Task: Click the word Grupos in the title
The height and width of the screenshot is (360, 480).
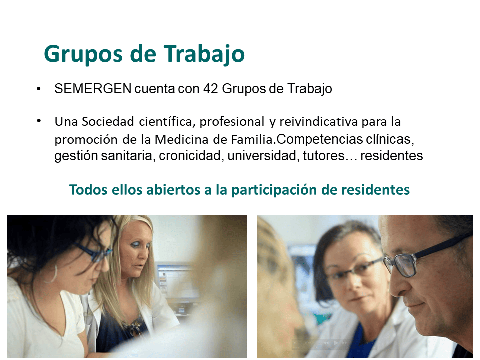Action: click(x=84, y=54)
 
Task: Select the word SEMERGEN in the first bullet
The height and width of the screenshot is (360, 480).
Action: click(x=93, y=89)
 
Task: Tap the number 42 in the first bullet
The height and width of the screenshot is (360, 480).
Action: click(x=210, y=89)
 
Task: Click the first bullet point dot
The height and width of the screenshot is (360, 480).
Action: click(x=38, y=89)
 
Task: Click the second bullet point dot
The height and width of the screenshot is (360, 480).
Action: click(x=39, y=121)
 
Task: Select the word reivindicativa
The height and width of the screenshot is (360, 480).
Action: click(x=318, y=121)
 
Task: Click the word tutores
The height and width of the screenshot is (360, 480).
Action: click(x=324, y=156)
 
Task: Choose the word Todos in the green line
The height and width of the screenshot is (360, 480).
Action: click(x=89, y=189)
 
